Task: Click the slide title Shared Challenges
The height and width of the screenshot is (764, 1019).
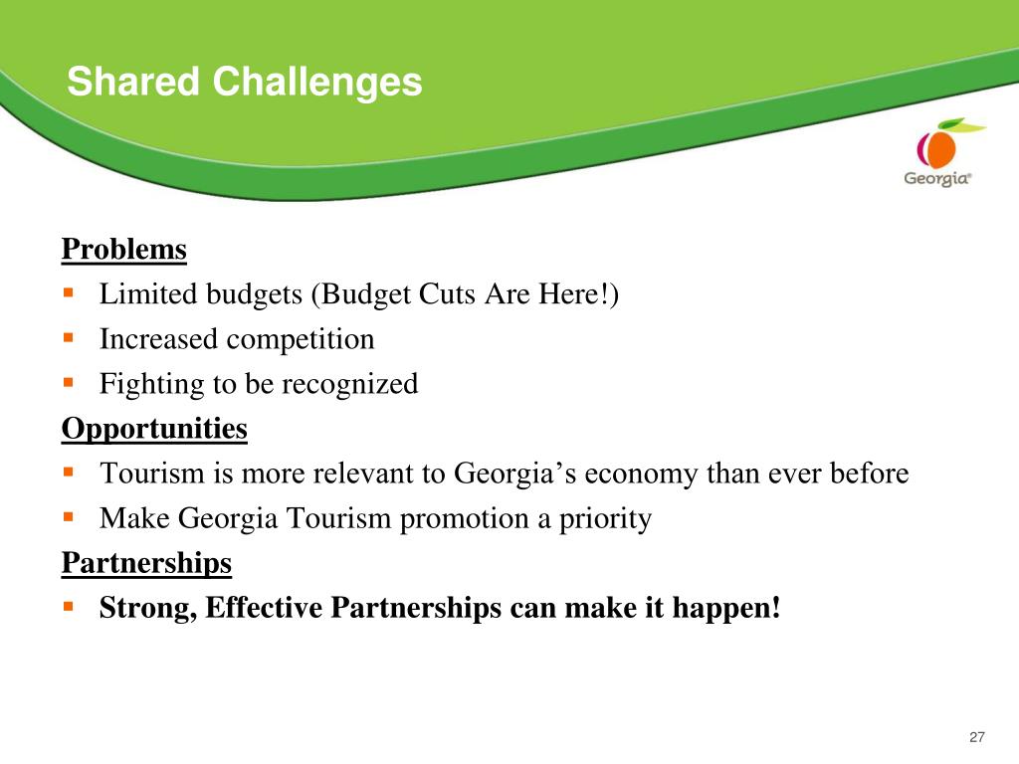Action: coord(245,83)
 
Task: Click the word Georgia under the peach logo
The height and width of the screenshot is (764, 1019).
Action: coord(937,178)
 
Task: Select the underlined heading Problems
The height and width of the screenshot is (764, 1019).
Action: coord(124,249)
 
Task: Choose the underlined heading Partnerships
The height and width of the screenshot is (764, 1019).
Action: coord(147,563)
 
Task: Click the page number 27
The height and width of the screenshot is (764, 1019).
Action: coord(977,737)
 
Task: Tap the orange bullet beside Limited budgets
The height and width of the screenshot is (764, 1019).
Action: coord(69,293)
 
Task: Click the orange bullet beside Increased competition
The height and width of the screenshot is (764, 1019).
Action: coord(69,338)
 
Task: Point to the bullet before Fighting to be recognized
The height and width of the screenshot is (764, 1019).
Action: coord(69,383)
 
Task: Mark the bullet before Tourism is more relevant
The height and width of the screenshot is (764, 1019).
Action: coord(69,473)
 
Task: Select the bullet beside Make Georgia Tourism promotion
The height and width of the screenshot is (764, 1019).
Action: coord(69,517)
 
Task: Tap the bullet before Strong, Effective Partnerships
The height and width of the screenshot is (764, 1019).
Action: coord(69,607)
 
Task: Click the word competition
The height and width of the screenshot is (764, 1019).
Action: coord(301,340)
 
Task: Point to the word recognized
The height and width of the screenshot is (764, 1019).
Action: coord(349,385)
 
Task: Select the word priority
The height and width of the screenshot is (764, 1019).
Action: coord(605,519)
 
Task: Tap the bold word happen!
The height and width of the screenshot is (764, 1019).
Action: coord(725,609)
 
